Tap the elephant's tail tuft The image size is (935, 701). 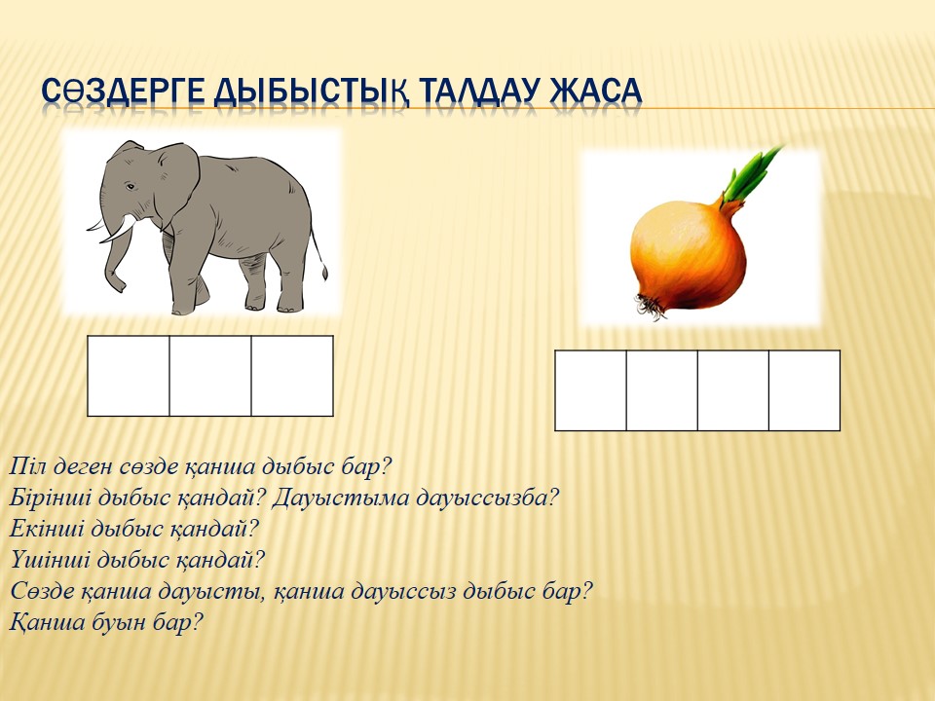pyautogui.click(x=324, y=272)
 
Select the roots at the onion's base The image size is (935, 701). pyautogui.click(x=651, y=306)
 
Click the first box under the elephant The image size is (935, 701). pyautogui.click(x=129, y=376)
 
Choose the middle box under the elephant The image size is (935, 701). pyautogui.click(x=210, y=376)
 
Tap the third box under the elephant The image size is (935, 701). pyautogui.click(x=292, y=376)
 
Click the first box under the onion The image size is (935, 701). pyautogui.click(x=591, y=390)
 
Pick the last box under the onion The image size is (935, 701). pyautogui.click(x=804, y=390)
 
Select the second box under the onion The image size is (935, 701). pyautogui.click(x=662, y=390)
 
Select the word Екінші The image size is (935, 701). pyautogui.click(x=46, y=528)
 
